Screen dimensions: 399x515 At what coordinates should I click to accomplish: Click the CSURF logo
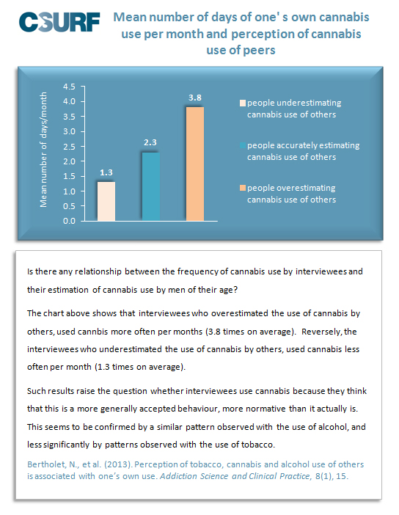point(59,22)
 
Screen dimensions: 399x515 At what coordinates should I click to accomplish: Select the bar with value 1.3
point(106,201)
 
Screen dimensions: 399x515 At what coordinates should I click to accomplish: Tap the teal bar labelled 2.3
point(151,186)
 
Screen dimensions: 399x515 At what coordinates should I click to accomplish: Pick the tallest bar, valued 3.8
point(195,164)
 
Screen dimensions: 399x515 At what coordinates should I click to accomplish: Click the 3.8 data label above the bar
point(195,98)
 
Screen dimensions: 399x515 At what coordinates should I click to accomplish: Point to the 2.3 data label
point(150,142)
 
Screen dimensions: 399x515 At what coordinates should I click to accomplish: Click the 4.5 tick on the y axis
point(69,87)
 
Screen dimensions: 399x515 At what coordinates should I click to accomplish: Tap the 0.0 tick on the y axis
point(69,221)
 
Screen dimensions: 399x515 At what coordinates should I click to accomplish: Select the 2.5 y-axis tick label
point(69,147)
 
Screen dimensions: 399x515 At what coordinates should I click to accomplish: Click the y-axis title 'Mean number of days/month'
point(43,150)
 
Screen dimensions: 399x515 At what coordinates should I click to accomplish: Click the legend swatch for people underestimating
point(243,103)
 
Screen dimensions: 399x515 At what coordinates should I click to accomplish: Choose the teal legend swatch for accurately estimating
point(243,145)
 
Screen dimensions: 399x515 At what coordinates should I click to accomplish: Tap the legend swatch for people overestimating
point(243,188)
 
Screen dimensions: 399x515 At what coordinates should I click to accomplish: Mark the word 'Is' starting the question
point(30,271)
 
